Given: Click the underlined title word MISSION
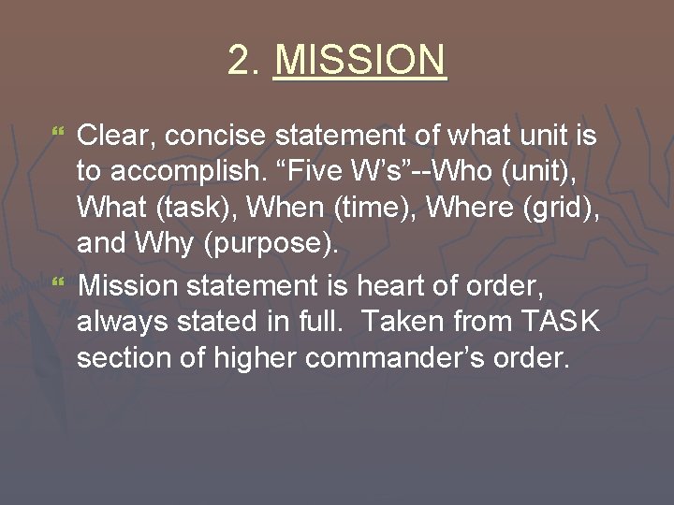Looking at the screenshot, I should [360, 62].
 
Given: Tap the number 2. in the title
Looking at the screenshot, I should [245, 62].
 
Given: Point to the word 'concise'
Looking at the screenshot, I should [210, 137].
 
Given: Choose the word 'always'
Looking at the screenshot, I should [123, 321].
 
